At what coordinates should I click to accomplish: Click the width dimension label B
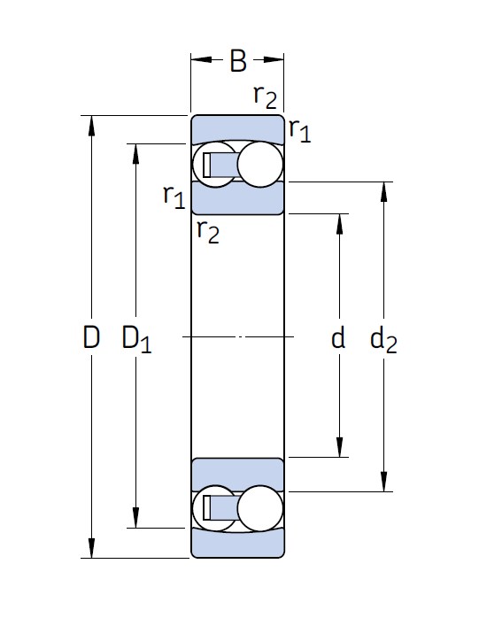[238, 61]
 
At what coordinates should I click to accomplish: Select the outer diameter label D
[91, 337]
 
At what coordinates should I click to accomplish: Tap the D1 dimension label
[136, 339]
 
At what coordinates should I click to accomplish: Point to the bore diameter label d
[338, 337]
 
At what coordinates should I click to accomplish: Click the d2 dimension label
[383, 340]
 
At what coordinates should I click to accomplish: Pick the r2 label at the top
[265, 96]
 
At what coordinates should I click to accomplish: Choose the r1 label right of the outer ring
[299, 129]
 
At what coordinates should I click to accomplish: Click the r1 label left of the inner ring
[174, 197]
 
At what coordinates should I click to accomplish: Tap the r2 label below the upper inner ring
[208, 231]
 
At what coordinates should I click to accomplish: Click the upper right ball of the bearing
[260, 165]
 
